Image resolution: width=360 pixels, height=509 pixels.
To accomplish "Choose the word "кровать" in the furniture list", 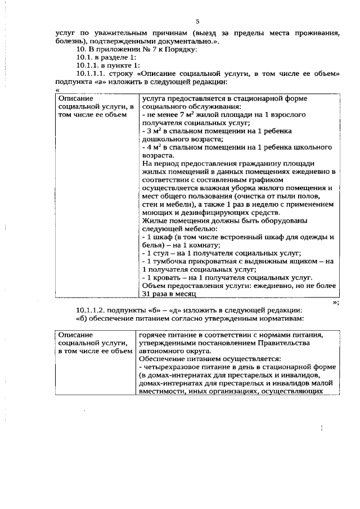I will click(x=167, y=277).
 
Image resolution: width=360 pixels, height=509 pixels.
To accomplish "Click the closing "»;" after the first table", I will click(x=335, y=301).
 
